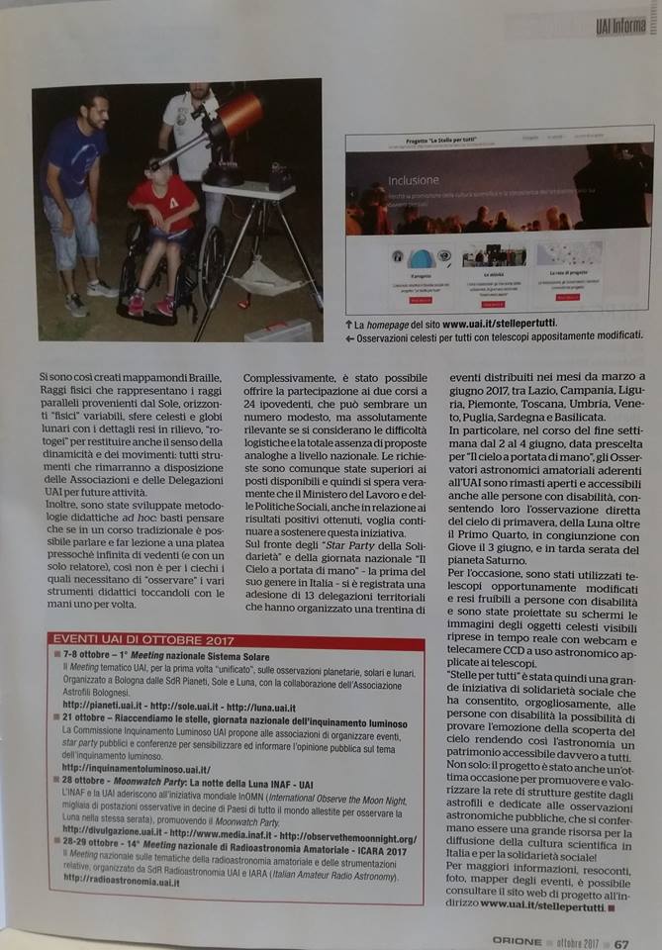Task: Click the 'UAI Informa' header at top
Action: [x=621, y=26]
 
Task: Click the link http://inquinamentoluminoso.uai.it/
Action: [x=136, y=767]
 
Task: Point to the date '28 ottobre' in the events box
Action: [x=86, y=780]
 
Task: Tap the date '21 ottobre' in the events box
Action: [x=86, y=714]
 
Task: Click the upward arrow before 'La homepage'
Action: [x=349, y=324]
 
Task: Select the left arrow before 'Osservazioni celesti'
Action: [x=349, y=336]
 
